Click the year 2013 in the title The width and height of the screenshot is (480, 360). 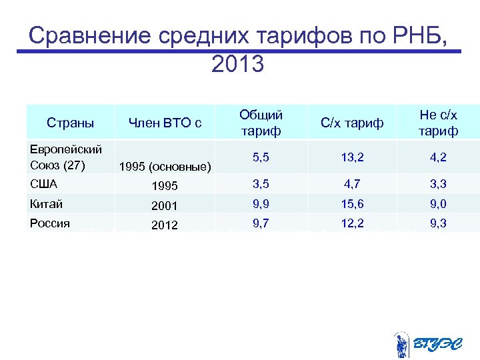tap(237, 64)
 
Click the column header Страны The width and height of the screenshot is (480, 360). tap(70, 123)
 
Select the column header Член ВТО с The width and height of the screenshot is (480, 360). tap(165, 123)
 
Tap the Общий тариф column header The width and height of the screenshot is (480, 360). tap(261, 123)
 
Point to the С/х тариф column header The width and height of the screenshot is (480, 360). tap(352, 123)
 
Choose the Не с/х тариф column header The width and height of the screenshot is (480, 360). tap(438, 123)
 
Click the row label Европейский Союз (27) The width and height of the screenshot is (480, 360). tap(66, 157)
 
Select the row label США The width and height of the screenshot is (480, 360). tap(44, 183)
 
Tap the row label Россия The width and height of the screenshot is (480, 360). tap(49, 223)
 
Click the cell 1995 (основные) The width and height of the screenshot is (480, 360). tap(165, 167)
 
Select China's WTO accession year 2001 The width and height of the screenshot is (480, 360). tap(165, 206)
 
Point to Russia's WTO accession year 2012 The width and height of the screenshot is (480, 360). tap(165, 225)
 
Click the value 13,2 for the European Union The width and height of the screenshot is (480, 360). tap(352, 158)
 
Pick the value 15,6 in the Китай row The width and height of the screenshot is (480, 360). tap(352, 204)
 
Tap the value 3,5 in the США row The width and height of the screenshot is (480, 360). tap(261, 184)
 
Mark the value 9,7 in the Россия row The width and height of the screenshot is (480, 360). tap(261, 223)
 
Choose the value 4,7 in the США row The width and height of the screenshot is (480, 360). tap(352, 184)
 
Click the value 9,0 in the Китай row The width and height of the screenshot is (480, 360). tap(438, 204)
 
